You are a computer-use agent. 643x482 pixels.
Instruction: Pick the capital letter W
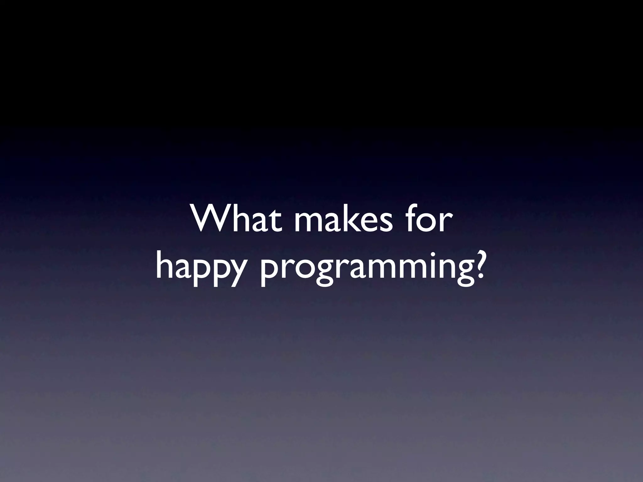[208, 218]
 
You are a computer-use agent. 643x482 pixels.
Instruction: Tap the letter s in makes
[385, 222]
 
